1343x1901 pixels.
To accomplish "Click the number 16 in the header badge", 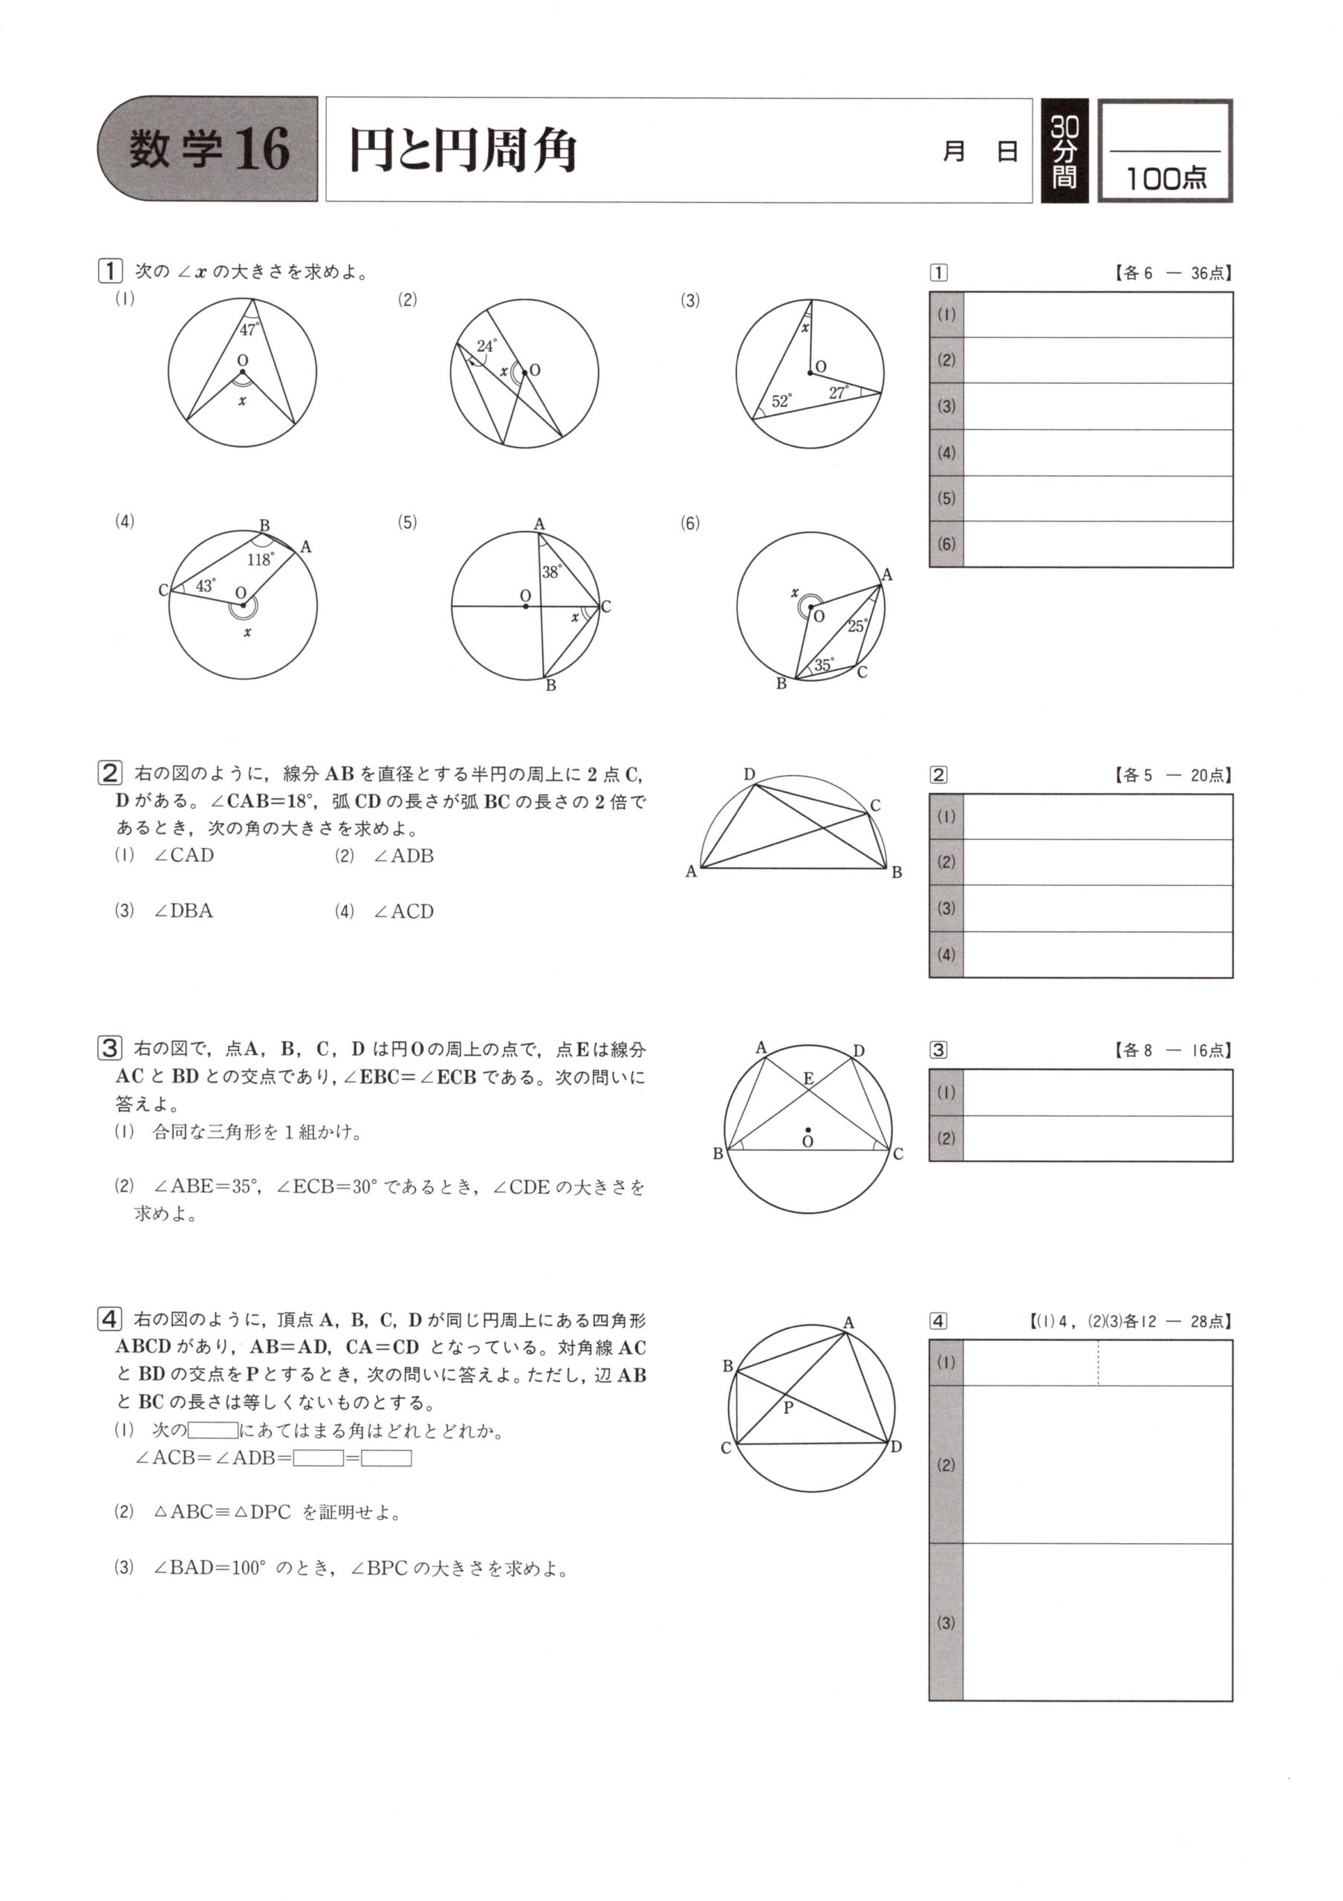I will coord(261,150).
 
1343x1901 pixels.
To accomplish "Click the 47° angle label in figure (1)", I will coord(250,330).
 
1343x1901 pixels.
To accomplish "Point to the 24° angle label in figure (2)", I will coord(487,346).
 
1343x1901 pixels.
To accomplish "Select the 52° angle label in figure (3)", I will coord(781,402).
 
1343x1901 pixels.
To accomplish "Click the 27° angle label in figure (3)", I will coord(839,393).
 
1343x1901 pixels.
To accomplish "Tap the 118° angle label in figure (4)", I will coord(260,560).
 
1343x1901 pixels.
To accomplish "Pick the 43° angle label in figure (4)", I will coord(205,586).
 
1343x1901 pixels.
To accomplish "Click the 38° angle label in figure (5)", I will coord(551,572).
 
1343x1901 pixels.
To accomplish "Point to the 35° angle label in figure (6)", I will coord(824,664).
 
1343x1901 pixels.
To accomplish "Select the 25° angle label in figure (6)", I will coord(858,626).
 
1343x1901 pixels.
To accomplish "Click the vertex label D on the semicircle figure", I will coord(749,775).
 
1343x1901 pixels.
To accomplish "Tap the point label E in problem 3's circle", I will coord(809,1078).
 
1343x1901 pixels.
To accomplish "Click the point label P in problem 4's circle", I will coord(788,1406).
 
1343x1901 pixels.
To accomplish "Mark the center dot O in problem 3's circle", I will coord(808,1129).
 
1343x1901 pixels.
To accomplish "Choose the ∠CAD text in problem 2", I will coord(183,855).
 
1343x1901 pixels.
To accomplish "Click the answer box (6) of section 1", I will coord(1097,544).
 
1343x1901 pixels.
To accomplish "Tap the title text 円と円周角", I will coord(462,151).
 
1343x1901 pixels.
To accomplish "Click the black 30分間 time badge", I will coord(1064,151).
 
